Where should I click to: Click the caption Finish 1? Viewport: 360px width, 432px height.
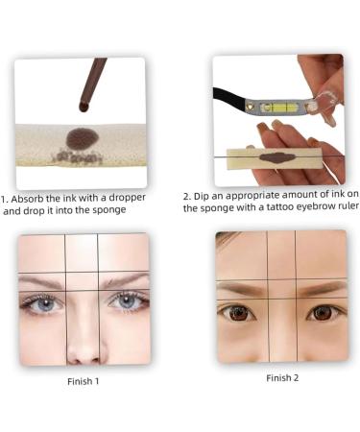83,381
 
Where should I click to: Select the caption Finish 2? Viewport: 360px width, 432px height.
282,377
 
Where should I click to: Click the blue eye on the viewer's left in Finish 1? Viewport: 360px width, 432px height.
44,302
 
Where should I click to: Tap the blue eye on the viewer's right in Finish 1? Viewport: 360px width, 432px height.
126,300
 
